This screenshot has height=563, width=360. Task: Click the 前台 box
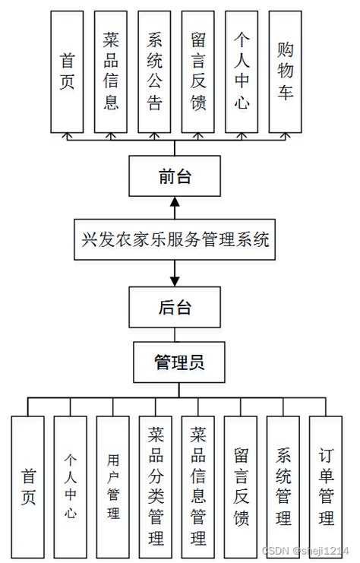(x=175, y=176)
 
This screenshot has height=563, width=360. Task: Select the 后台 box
(x=175, y=307)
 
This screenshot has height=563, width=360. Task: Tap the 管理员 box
(x=179, y=362)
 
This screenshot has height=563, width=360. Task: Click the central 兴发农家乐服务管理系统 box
(x=175, y=241)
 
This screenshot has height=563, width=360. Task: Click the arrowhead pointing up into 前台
(x=175, y=201)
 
